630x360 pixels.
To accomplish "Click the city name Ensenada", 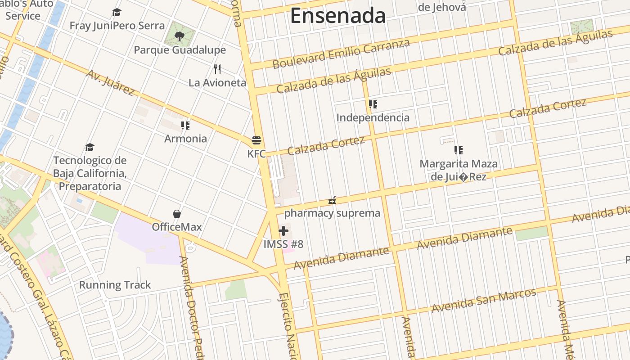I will (x=338, y=16).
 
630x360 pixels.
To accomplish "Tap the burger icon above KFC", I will (x=256, y=140).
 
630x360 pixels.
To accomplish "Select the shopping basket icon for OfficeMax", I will (x=177, y=213).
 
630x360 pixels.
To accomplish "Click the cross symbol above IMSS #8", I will (x=283, y=231).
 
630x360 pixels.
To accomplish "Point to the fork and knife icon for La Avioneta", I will (x=217, y=69).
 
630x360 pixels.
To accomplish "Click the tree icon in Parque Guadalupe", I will (x=179, y=36).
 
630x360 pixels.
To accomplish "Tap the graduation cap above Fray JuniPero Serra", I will (x=117, y=12).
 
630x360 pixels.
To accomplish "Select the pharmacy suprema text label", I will (x=332, y=213).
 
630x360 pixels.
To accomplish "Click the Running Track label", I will (x=115, y=285).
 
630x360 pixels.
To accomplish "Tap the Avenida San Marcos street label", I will (x=484, y=300).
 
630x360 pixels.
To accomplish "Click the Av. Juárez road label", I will (x=111, y=83).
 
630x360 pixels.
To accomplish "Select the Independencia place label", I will (x=373, y=117).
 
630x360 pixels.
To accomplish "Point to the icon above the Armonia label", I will (x=185, y=125).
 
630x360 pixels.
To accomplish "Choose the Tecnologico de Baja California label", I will (x=90, y=173).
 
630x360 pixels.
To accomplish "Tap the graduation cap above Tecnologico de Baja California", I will (x=90, y=147).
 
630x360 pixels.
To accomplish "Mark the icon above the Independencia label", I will (x=373, y=104).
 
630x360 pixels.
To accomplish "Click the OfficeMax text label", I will (x=177, y=227).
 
